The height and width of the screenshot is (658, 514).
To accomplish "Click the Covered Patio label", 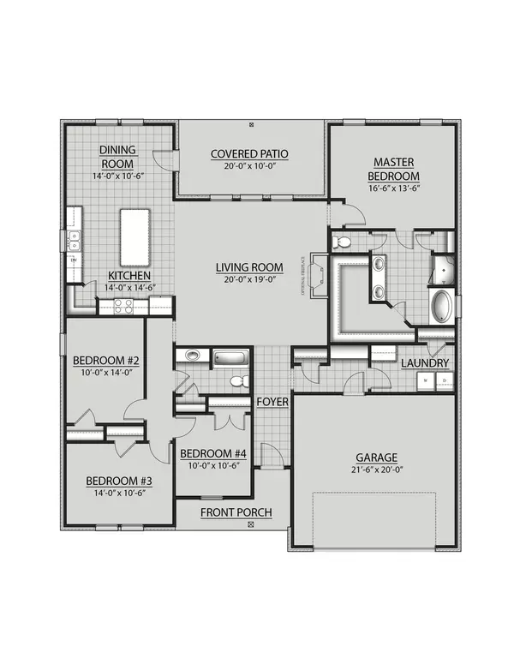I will tap(249, 154).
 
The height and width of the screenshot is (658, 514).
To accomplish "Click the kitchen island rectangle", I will tap(134, 236).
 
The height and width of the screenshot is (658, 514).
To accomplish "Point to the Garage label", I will tap(378, 457).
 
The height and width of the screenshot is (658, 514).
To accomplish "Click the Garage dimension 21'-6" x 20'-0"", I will tap(378, 470).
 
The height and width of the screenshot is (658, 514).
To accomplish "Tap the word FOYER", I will tap(272, 401).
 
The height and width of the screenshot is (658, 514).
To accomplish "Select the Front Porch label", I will tap(236, 512).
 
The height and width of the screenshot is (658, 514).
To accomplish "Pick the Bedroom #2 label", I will tap(106, 361).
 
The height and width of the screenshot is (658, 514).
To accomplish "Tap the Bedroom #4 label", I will tap(213, 453).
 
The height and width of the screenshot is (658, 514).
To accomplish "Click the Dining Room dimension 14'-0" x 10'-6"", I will tap(119, 176).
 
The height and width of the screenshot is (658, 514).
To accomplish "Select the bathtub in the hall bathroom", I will tap(230, 356).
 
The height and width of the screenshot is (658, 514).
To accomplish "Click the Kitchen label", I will tap(129, 275).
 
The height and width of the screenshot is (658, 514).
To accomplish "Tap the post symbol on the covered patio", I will tap(250, 125).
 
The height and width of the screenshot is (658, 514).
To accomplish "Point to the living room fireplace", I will tap(318, 277).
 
